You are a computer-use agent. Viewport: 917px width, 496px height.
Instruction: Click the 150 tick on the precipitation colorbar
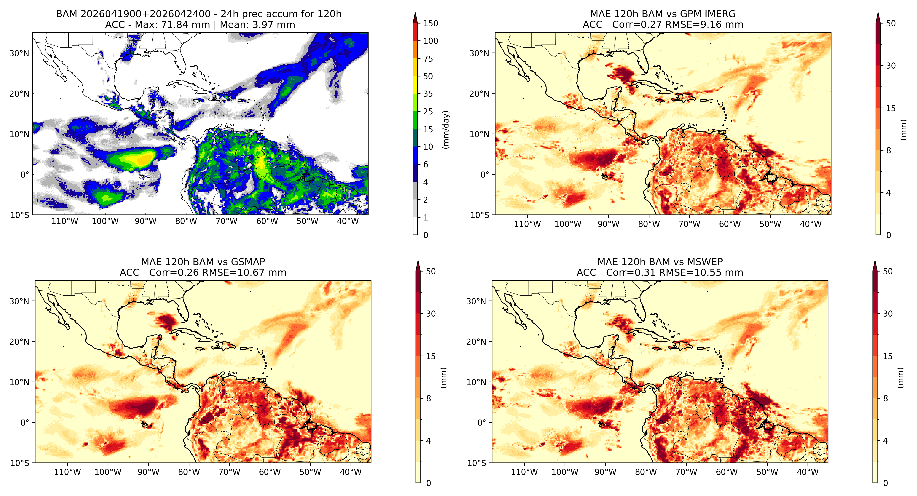[430, 23]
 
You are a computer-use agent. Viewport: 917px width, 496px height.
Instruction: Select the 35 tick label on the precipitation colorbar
[428, 94]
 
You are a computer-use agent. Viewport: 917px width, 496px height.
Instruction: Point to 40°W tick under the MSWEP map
[808, 472]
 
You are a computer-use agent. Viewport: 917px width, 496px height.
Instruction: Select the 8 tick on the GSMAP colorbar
[429, 399]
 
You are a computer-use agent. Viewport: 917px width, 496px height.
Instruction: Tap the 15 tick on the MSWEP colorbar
[888, 356]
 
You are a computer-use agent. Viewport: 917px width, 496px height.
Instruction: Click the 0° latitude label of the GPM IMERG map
[485, 175]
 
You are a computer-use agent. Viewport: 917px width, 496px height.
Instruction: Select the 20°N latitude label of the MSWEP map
[476, 342]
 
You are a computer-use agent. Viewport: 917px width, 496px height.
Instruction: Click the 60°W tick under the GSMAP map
[270, 472]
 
